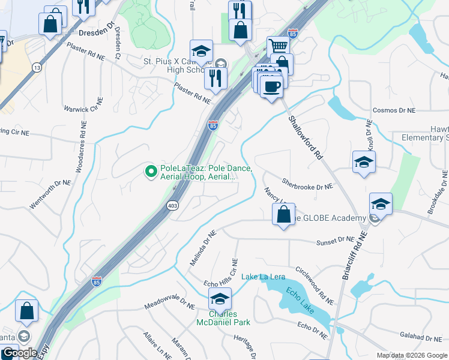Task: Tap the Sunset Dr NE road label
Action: [x=337, y=239]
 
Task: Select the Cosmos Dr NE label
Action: [x=394, y=110]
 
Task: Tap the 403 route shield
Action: [x=172, y=206]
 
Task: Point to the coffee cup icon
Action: [x=271, y=85]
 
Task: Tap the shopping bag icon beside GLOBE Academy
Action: [x=283, y=214]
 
